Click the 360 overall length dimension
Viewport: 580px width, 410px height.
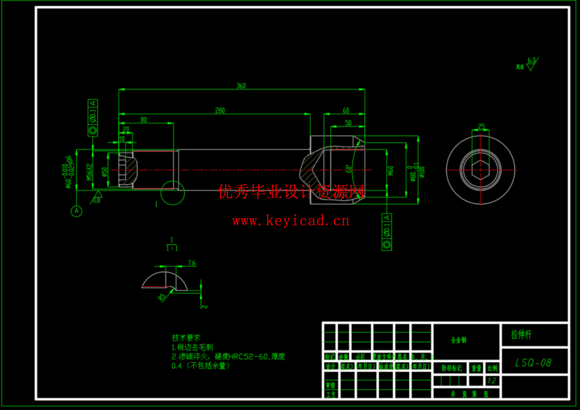pos(241,86)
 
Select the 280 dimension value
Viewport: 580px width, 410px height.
pos(220,110)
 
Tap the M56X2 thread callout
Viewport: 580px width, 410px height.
pos(89,172)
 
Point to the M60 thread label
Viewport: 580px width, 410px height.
pos(390,170)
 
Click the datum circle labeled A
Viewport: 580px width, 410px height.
pos(76,211)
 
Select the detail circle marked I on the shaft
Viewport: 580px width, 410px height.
pos(173,193)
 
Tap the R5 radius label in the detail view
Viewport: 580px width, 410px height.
pos(162,297)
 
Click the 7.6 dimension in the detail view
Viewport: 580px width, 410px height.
pos(192,263)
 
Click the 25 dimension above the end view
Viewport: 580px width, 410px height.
pos(481,126)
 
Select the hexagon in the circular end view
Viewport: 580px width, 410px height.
pos(480,170)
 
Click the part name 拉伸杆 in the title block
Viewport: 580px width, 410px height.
pos(521,334)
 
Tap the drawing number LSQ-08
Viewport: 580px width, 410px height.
pos(533,363)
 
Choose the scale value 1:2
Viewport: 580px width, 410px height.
pos(491,381)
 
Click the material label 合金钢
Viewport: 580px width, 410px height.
pos(459,340)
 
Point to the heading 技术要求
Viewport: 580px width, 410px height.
pos(186,338)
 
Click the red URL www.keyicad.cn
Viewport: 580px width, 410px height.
pos(291,221)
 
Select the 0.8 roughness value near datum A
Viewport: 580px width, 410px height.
pos(96,200)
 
